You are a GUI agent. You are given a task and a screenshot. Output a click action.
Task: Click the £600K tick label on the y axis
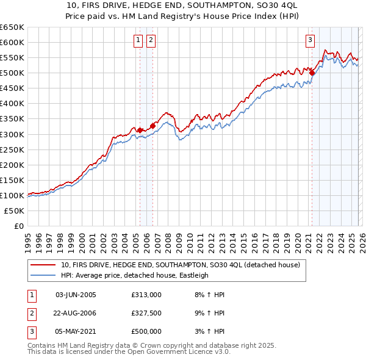[13, 42]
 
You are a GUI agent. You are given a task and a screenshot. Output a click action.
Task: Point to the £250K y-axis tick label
[13, 149]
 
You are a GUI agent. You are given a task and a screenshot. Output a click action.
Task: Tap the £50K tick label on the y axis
[15, 211]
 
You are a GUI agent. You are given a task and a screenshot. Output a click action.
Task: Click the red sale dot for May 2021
[312, 73]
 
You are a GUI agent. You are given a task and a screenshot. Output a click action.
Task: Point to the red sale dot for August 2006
[152, 126]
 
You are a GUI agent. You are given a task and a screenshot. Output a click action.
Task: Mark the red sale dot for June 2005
[140, 130]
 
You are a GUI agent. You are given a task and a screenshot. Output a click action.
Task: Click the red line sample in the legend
[43, 265]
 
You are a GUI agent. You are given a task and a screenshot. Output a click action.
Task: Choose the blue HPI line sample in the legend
[43, 275]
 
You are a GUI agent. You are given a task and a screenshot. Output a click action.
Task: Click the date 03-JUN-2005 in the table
[76, 295]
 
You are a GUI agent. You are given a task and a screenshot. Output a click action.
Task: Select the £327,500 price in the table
[146, 313]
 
